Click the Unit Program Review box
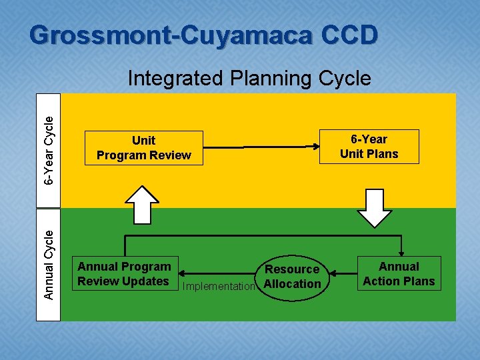point(143,148)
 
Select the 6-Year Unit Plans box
point(369,147)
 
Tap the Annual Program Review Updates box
point(124,274)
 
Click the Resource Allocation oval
point(292,277)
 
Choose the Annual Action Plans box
point(399,274)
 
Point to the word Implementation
point(219,287)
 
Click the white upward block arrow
point(142,203)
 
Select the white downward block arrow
point(375,208)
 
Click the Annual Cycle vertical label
point(49,264)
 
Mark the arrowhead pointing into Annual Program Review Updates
point(183,274)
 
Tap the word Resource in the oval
point(292,269)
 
